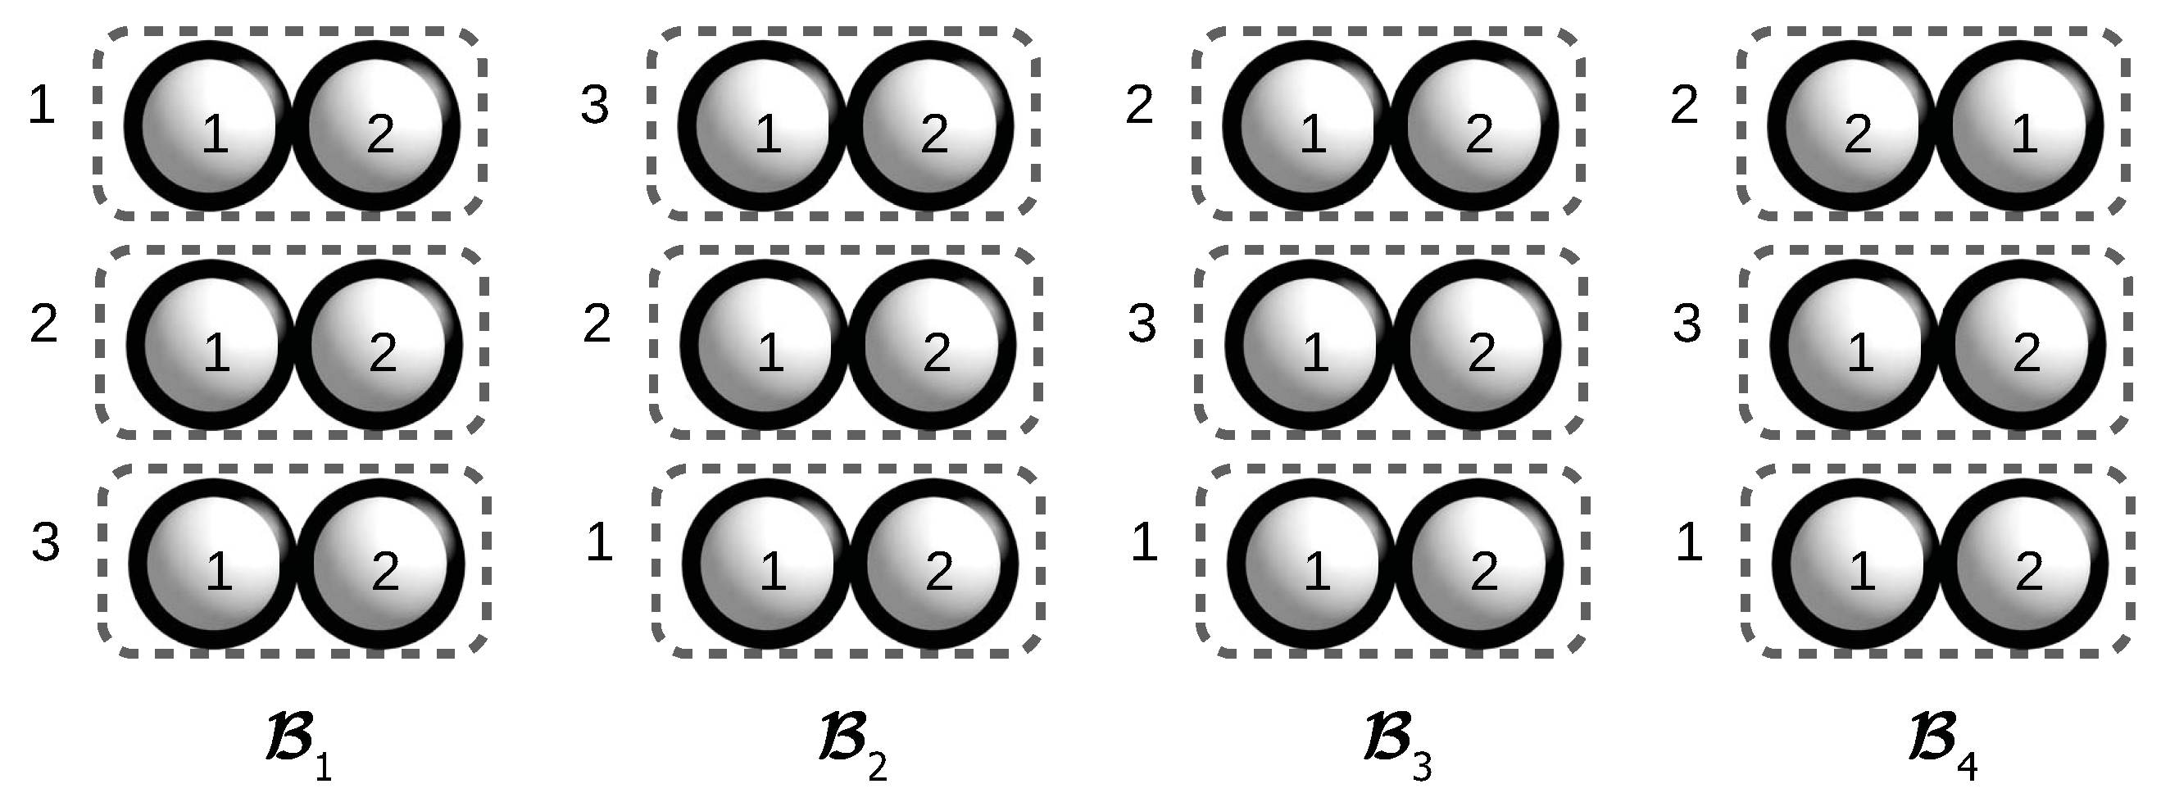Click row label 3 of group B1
click(x=45, y=542)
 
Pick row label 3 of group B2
click(x=595, y=107)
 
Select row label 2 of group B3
click(x=1139, y=107)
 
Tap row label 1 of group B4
click(x=1688, y=542)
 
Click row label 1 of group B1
click(x=41, y=107)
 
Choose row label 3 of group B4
click(x=1687, y=324)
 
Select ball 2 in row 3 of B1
click(x=379, y=564)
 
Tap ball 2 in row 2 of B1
click(x=378, y=345)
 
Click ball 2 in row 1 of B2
click(x=928, y=126)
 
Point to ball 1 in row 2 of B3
click(x=1310, y=345)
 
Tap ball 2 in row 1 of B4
click(x=1853, y=126)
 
